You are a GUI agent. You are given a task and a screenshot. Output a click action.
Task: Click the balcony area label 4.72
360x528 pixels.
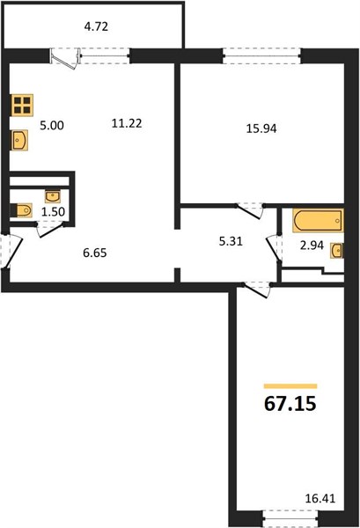point(96,26)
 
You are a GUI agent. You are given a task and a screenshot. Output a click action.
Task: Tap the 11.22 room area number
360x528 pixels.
point(127,123)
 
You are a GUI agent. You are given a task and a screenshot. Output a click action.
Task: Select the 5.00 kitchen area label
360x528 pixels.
point(52,125)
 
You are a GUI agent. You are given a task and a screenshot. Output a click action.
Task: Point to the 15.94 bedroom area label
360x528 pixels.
point(261,128)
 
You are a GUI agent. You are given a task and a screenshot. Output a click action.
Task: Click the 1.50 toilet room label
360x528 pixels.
point(53,212)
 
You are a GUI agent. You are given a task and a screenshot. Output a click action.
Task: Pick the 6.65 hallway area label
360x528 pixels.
point(95,253)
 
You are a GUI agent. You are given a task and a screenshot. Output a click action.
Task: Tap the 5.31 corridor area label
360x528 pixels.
point(231,241)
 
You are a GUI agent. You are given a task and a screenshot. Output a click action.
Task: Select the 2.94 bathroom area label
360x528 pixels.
point(312,246)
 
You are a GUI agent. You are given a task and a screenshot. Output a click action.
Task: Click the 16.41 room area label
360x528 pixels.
point(320,498)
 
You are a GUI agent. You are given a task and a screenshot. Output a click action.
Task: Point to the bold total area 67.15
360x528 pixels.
point(290,403)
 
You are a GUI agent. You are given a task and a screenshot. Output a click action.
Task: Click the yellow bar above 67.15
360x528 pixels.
point(290,386)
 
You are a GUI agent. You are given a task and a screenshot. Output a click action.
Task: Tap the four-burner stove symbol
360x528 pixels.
point(22,105)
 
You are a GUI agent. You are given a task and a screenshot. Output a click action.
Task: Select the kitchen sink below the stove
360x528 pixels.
point(19,141)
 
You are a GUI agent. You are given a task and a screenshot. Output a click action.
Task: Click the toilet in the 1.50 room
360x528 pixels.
point(21,210)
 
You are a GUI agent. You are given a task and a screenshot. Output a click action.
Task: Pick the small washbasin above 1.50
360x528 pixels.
point(53,196)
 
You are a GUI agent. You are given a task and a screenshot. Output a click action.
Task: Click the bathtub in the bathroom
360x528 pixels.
point(318,221)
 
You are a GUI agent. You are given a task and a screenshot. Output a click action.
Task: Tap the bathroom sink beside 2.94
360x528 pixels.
point(337,250)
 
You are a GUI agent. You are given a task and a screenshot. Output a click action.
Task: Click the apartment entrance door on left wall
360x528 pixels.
point(10,251)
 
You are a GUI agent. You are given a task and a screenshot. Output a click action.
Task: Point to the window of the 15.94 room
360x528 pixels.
point(261,56)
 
